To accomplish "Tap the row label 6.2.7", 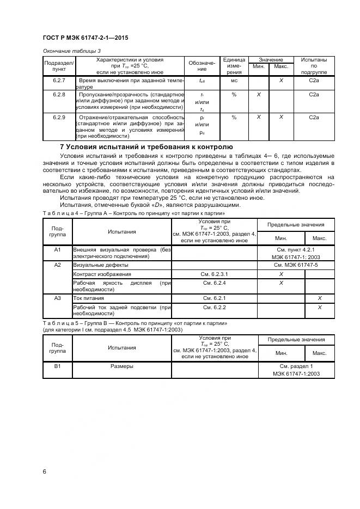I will point(59,81).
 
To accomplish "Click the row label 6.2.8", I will point(59,95).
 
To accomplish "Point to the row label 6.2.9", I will point(59,117).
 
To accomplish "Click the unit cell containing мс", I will point(234,81).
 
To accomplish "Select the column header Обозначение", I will point(202,66).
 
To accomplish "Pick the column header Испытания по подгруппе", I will point(313,66).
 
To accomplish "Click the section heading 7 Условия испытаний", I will point(145,147).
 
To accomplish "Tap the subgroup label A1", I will point(58,249).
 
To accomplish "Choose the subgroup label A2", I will point(58,265).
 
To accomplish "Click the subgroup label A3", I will point(58,298).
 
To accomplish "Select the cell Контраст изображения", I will point(102,274).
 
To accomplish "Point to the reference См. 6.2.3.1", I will point(214,274).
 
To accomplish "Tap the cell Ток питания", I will point(88,298).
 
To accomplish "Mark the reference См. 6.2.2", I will point(214,308).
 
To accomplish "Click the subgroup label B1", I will point(58,366).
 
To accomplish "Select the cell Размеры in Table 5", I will point(122,366).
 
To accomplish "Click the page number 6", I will point(44,471).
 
